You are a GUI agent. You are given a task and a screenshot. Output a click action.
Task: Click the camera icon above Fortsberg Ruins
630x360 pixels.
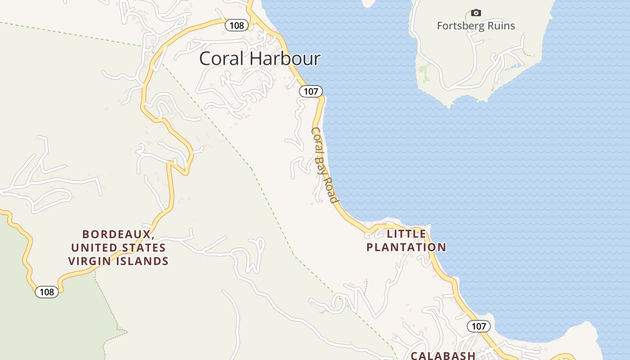[476, 13]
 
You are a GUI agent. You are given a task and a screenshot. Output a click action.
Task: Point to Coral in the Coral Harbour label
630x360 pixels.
[221, 59]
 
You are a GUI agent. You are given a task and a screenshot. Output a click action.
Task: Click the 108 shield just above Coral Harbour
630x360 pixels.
[237, 25]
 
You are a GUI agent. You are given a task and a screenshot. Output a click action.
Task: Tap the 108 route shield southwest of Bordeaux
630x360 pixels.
[47, 292]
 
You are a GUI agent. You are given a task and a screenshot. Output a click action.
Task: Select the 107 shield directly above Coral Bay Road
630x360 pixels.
[311, 91]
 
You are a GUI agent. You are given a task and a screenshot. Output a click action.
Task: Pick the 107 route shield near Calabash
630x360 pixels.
[479, 326]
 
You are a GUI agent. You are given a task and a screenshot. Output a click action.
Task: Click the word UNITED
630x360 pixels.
[94, 248]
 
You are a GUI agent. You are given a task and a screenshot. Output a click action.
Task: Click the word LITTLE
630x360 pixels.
[406, 234]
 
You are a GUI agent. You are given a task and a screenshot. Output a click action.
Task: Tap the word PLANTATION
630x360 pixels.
[406, 247]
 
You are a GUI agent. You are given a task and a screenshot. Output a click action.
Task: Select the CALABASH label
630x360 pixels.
[443, 355]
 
